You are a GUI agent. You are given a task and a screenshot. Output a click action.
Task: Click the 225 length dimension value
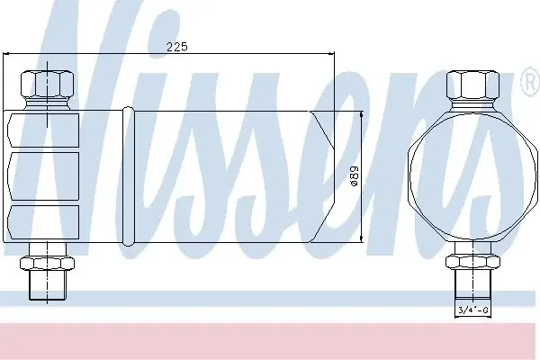pos(177,47)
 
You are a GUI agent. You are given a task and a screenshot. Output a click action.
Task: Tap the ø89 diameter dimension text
pos(354,176)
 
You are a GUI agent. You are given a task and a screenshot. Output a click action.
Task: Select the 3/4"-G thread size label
pos(473,310)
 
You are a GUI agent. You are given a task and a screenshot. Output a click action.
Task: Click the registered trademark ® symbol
pos(531,81)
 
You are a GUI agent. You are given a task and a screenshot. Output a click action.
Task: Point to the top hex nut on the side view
pos(47,85)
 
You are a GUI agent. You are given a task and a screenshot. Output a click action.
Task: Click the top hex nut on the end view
pos(472,85)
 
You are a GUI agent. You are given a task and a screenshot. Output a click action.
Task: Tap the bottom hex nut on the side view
pos(47,264)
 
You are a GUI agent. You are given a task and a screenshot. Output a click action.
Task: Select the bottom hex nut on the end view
pos(472,262)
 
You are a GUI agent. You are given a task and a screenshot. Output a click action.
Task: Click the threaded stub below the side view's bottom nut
pos(47,285)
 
